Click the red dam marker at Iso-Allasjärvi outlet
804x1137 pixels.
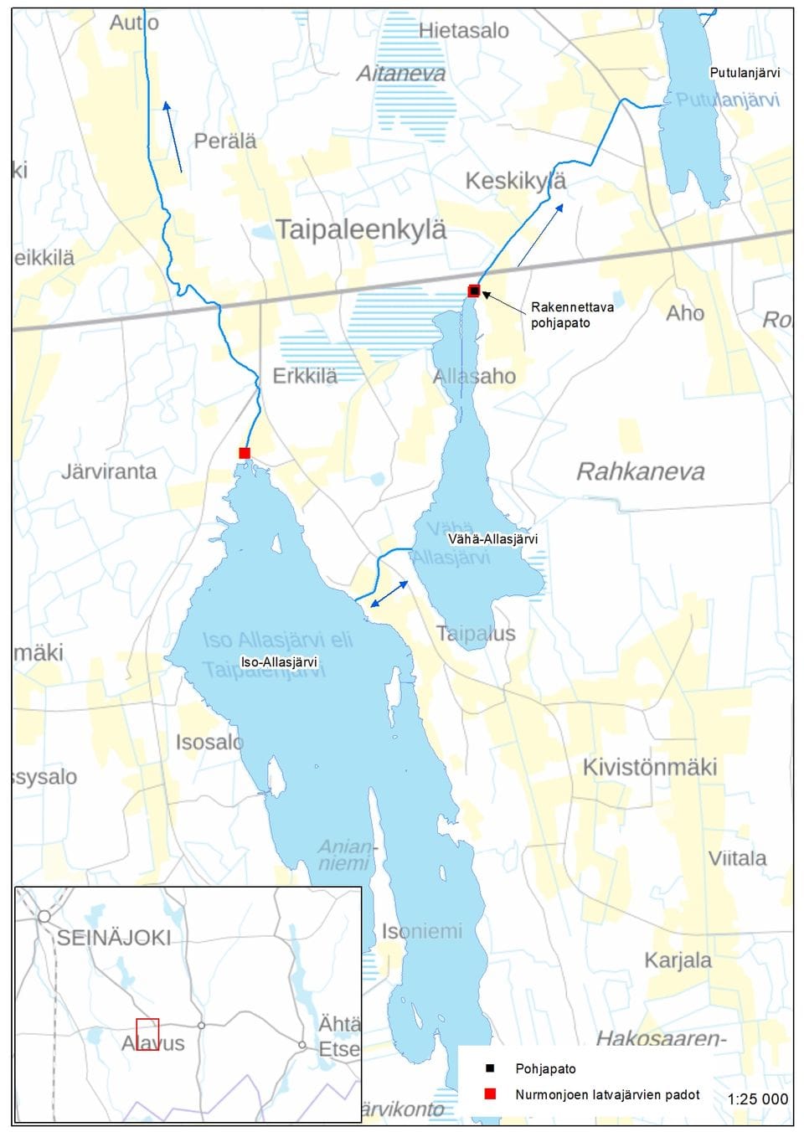point(245,453)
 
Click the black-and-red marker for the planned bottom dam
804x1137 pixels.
point(474,291)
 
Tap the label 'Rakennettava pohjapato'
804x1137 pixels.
point(572,315)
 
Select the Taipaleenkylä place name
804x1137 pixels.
point(361,229)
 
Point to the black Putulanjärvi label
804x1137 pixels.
point(745,73)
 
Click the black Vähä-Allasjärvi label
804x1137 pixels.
point(492,539)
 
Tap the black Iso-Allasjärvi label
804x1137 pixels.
point(279,662)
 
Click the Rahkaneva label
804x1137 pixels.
point(641,472)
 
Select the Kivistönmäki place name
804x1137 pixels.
point(650,767)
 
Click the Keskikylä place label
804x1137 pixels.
point(515,181)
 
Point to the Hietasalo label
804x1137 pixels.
point(463,31)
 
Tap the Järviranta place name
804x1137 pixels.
point(109,471)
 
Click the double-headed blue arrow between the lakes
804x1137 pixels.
point(389,594)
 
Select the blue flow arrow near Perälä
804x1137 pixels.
point(173,136)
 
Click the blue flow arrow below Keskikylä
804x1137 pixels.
point(540,234)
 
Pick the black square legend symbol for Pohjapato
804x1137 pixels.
point(490,1069)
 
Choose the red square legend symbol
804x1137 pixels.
point(490,1094)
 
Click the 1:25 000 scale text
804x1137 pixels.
point(757,1098)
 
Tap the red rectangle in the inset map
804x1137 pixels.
point(147,1034)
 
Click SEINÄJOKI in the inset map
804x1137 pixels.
point(114,938)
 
